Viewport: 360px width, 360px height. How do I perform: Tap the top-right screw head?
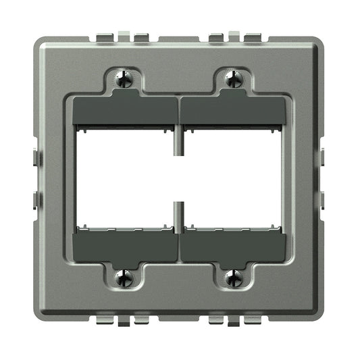[234, 79]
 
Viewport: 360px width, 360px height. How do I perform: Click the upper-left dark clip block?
[124, 110]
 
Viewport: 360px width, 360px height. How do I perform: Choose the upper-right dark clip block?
[234, 110]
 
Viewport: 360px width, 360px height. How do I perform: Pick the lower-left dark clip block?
[124, 245]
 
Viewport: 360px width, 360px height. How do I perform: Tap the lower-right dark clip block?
[234, 245]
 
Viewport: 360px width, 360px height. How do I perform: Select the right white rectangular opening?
[235, 177]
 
